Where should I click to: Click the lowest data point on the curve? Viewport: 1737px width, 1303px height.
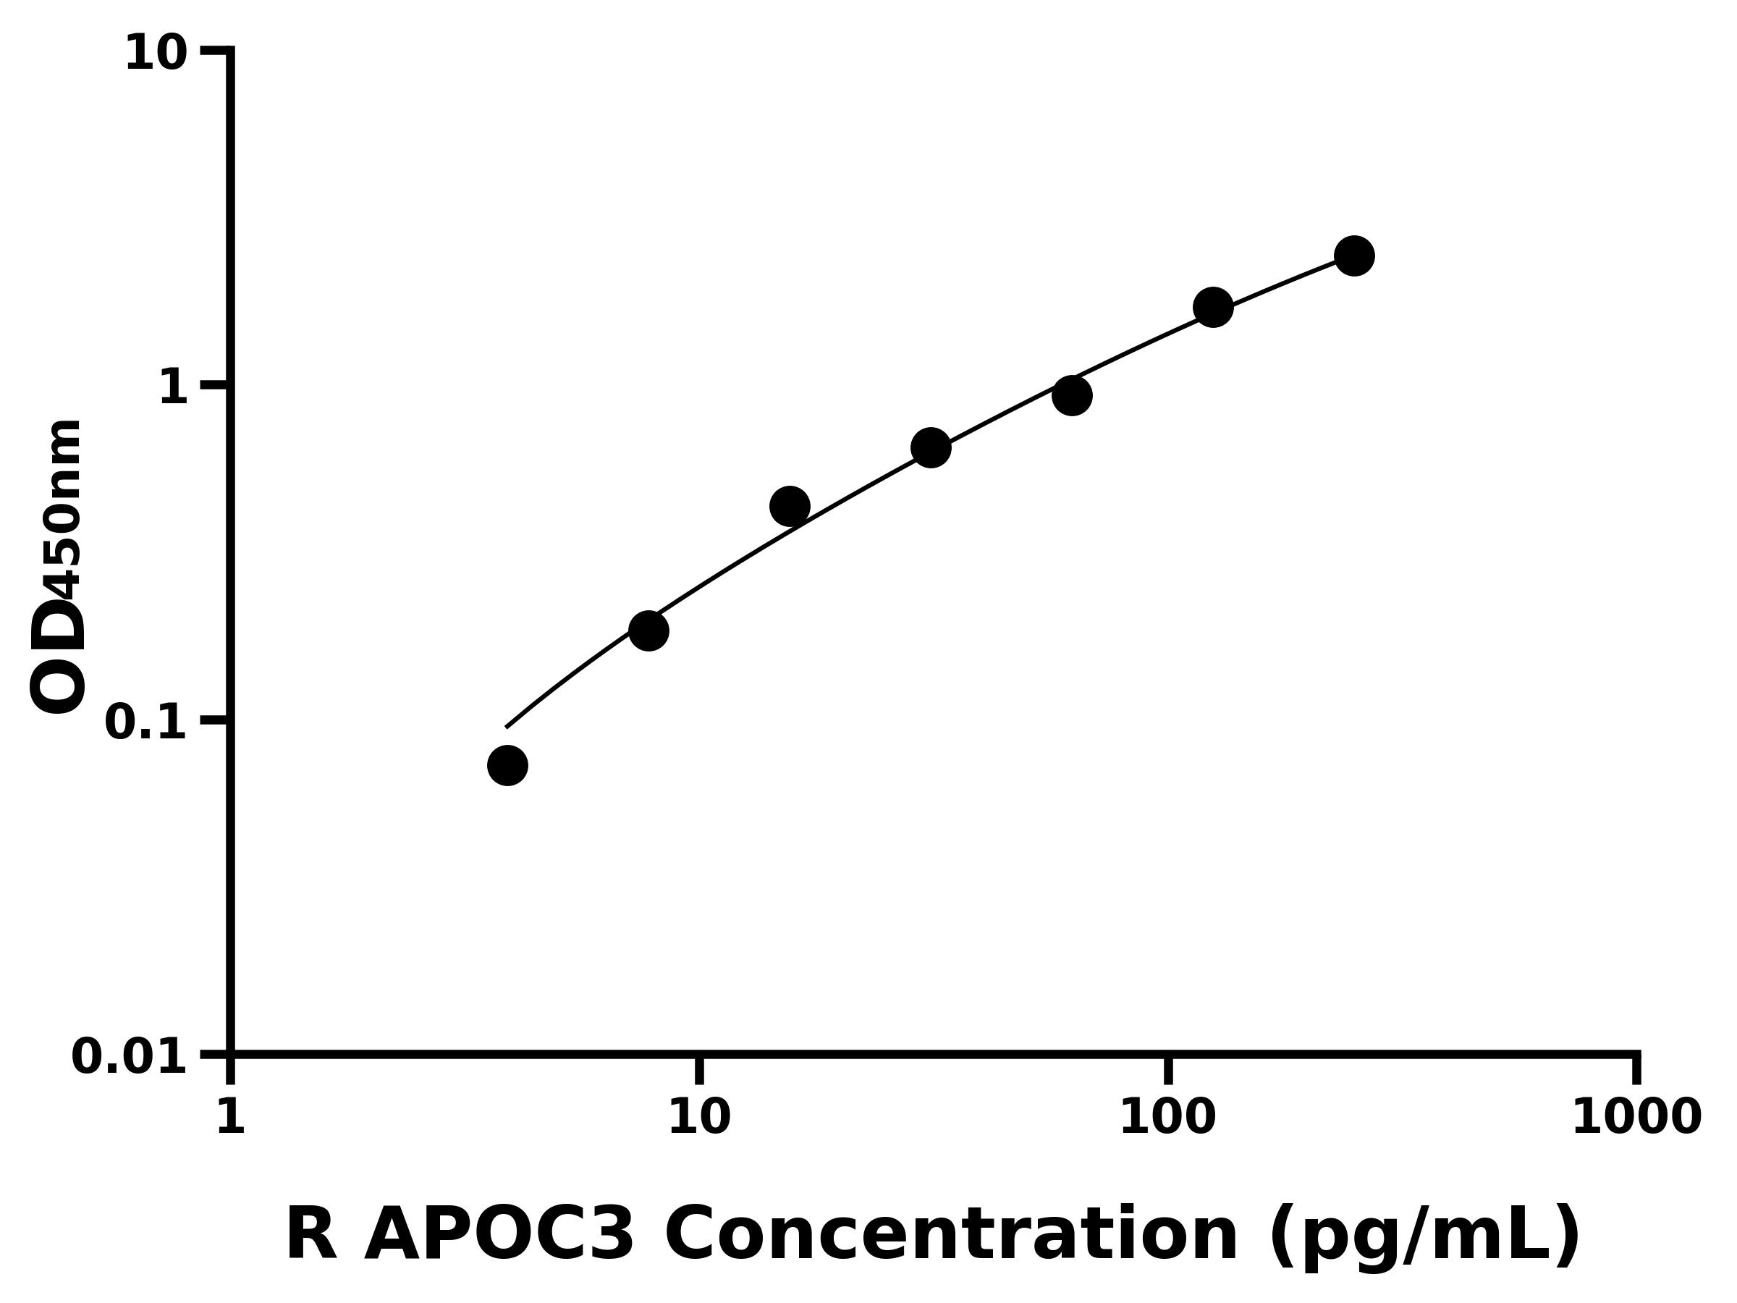(x=507, y=765)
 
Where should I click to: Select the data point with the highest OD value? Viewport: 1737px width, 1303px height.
(x=1354, y=256)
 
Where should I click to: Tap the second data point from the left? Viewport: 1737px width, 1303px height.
(x=648, y=631)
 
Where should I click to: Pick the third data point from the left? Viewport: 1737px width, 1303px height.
(x=789, y=506)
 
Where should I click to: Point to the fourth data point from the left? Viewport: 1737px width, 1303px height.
(x=931, y=447)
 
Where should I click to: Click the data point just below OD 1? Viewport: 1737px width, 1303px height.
(x=1072, y=395)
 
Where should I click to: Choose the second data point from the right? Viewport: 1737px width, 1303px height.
(x=1212, y=306)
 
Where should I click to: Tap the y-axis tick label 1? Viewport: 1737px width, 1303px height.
(x=174, y=388)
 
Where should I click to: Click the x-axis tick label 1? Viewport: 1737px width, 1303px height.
(x=230, y=1117)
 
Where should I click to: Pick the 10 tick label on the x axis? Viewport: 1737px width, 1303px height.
(x=699, y=1117)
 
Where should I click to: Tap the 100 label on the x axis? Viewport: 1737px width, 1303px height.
(x=1167, y=1117)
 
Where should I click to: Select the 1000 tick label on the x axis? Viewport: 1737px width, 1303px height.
(x=1636, y=1117)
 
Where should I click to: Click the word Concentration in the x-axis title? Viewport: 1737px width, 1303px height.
(x=951, y=1236)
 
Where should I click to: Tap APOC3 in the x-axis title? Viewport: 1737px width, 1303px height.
(x=499, y=1236)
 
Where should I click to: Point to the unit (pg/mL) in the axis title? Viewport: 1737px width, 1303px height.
(x=1424, y=1237)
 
